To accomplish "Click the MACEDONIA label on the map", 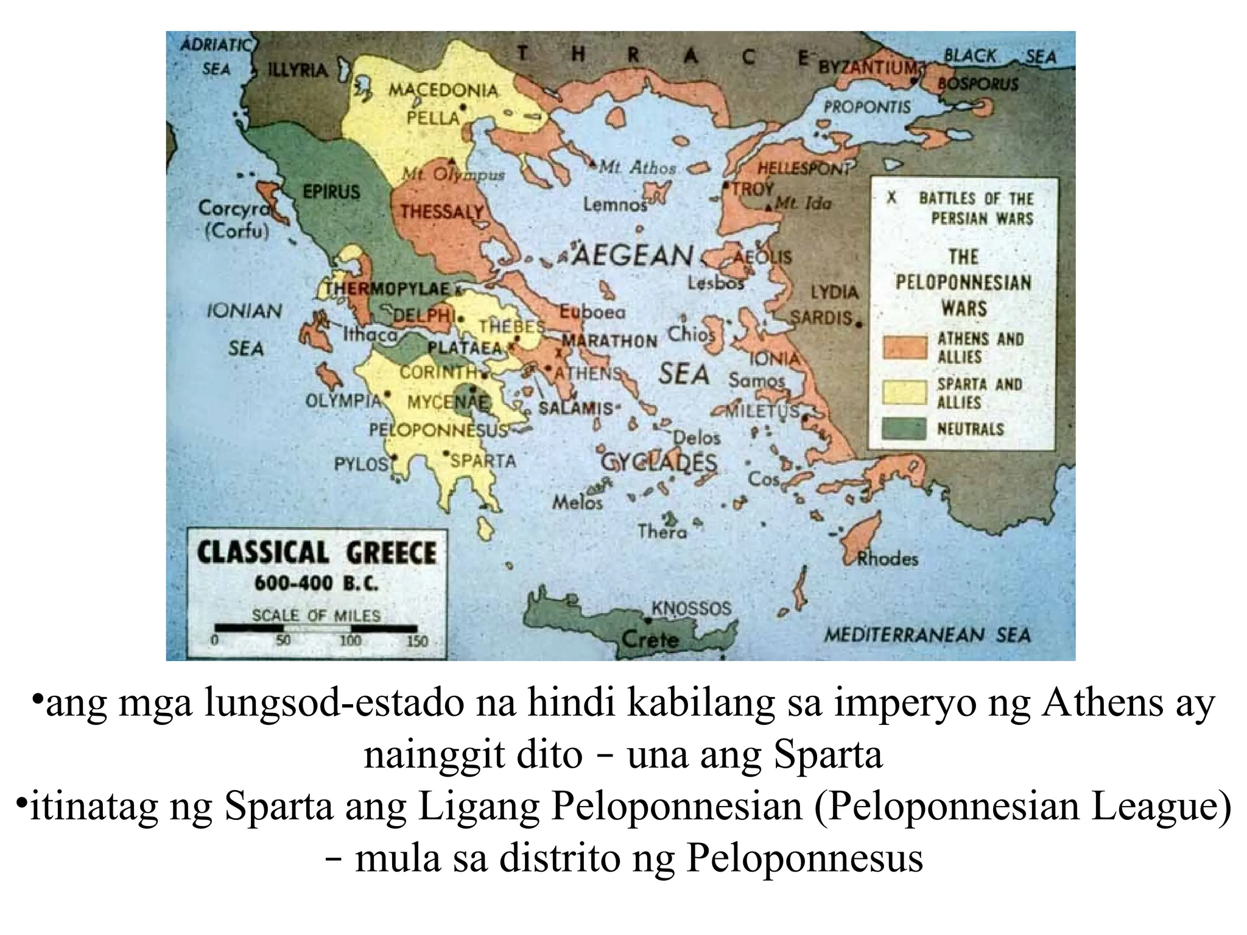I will point(443,91).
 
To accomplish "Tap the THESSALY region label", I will point(442,212).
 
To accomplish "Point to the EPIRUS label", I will point(331,192).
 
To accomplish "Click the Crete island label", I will point(650,639).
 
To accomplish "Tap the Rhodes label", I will point(887,558).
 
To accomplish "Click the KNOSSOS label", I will point(691,608).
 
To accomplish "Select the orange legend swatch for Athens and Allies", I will point(905,348).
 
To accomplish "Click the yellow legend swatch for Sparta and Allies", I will point(905,393).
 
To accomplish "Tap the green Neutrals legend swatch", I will point(905,429).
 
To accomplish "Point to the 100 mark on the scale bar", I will point(350,640).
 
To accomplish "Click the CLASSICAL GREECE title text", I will point(317,553).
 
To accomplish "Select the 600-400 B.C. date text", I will point(316,584).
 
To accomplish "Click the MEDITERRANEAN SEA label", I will point(927,635).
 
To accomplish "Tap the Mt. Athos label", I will point(637,167).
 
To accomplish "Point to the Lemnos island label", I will point(615,205).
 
